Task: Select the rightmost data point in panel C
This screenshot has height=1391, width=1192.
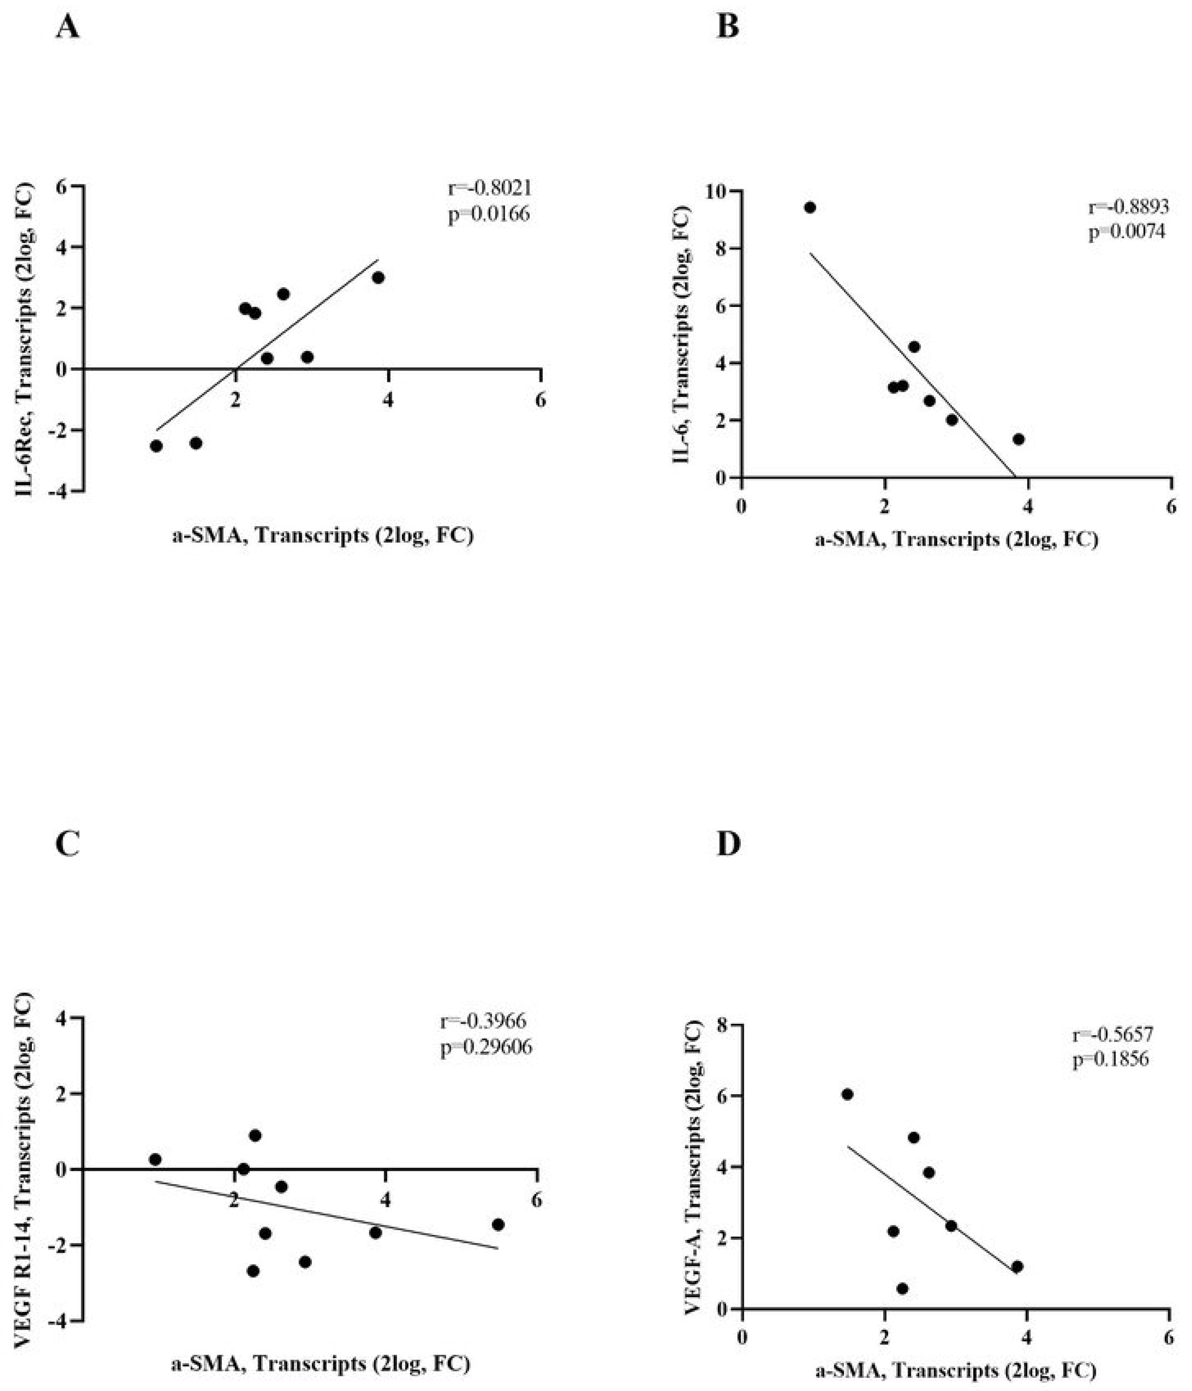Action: [x=498, y=1224]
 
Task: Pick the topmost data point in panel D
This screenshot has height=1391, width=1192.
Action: [x=847, y=1094]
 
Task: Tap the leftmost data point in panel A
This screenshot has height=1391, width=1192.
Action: [x=157, y=446]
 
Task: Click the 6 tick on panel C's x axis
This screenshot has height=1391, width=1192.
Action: [x=536, y=1201]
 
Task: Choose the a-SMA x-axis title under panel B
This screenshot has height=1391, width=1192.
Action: [x=956, y=540]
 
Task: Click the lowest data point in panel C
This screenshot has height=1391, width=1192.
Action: [x=253, y=1271]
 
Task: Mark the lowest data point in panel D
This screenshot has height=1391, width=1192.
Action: [x=902, y=1288]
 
